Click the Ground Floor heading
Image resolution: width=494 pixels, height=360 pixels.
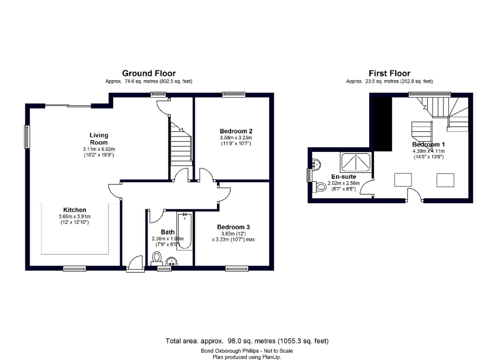tap(149, 73)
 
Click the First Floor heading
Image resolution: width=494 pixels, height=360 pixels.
tap(389, 73)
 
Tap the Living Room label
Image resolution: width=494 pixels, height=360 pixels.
tap(98, 139)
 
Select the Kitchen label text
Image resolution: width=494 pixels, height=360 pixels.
tap(75, 210)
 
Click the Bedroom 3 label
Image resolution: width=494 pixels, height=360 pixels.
tap(233, 227)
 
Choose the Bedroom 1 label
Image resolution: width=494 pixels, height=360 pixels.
tap(428, 144)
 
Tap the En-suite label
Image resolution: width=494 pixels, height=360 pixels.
tap(343, 177)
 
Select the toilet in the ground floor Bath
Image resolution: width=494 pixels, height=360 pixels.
tap(156, 257)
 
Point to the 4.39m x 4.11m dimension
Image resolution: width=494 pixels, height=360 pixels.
tap(428, 151)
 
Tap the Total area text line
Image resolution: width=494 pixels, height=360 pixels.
tap(247, 341)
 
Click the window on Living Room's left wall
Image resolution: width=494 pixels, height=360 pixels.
tap(26, 137)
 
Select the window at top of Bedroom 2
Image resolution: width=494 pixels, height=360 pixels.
tap(234, 95)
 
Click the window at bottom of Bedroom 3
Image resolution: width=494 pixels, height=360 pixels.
tap(236, 269)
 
